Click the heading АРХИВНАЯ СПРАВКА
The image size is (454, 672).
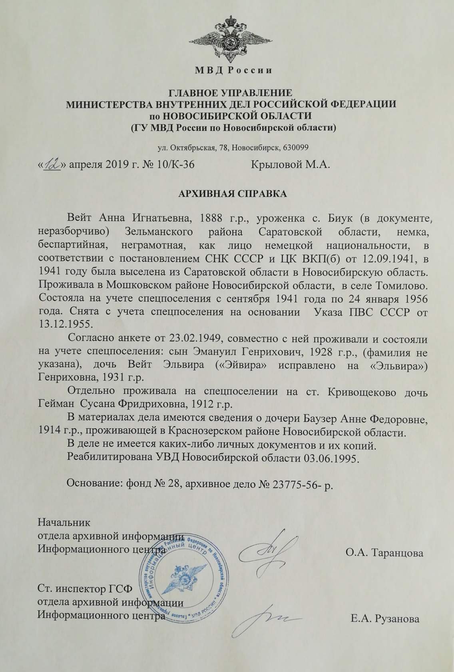click(x=232, y=194)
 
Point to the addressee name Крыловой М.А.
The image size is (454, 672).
click(x=290, y=164)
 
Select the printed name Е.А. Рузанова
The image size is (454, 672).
click(x=385, y=620)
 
